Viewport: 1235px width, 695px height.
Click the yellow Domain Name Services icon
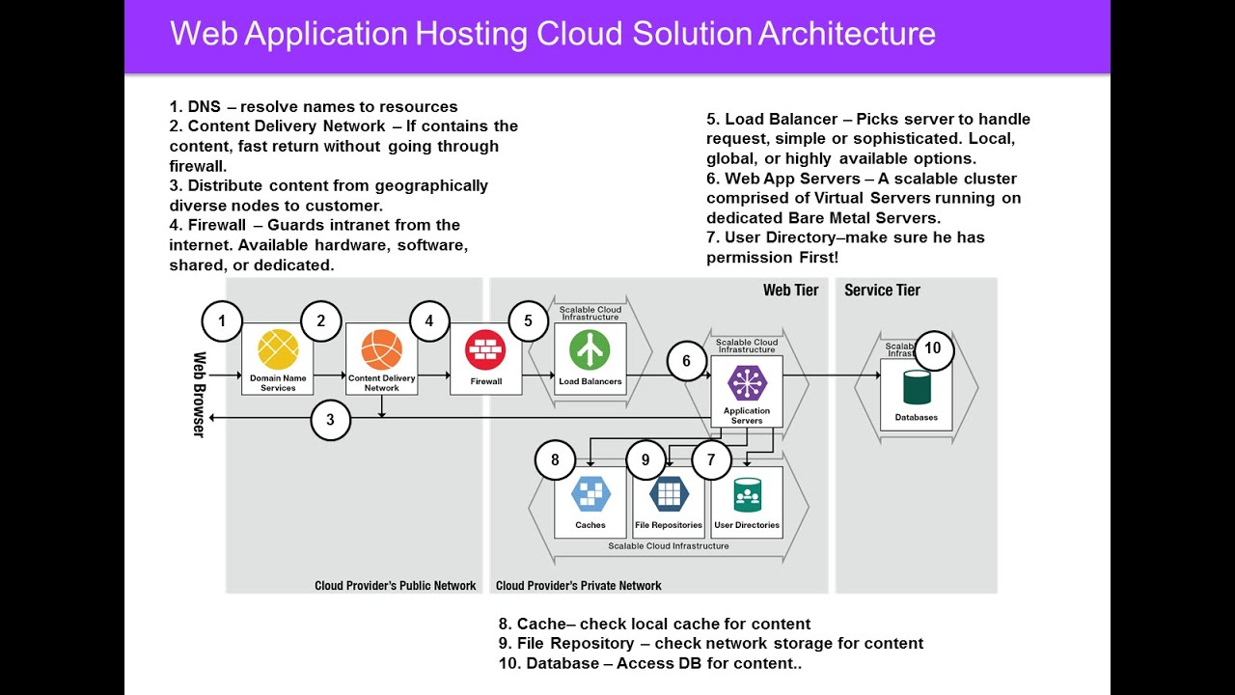(278, 349)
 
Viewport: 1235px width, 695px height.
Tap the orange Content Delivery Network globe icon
(381, 349)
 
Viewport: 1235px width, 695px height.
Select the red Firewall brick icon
(485, 349)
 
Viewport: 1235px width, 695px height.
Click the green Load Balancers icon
(590, 349)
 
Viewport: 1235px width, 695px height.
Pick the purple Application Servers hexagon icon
(747, 383)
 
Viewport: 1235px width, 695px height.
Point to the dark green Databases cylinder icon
(916, 387)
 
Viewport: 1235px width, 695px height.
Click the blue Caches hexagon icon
(590, 493)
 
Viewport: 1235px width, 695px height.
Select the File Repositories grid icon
(669, 493)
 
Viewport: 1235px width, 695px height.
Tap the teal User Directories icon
(747, 493)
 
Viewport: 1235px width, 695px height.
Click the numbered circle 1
(222, 321)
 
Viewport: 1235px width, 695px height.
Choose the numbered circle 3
(331, 420)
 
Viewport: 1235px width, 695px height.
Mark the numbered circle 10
(933, 349)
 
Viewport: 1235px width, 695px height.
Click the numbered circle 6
(686, 361)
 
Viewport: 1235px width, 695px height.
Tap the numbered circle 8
(555, 459)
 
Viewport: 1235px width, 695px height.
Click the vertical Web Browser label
(199, 395)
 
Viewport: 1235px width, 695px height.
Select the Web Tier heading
(790, 291)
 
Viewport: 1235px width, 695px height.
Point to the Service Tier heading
(882, 291)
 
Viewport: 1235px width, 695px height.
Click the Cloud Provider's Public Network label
(395, 586)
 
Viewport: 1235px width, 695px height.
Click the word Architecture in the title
(846, 34)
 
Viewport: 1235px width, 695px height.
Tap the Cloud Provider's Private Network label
(579, 586)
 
